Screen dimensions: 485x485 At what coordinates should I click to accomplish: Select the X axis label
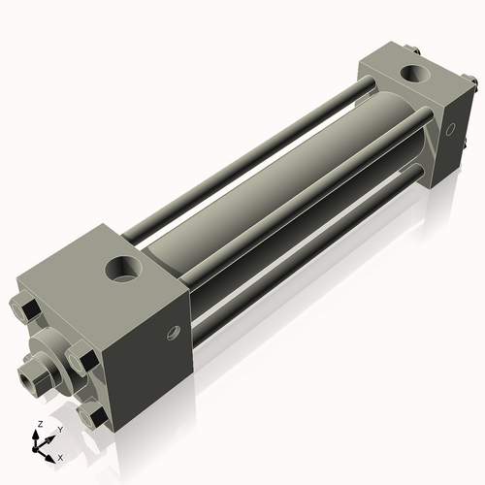[61, 456]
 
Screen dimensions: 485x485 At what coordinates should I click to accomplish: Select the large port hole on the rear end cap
[416, 73]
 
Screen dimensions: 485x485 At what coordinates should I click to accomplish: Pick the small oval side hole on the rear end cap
[449, 128]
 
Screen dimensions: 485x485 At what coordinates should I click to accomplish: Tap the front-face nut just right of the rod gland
[84, 361]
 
